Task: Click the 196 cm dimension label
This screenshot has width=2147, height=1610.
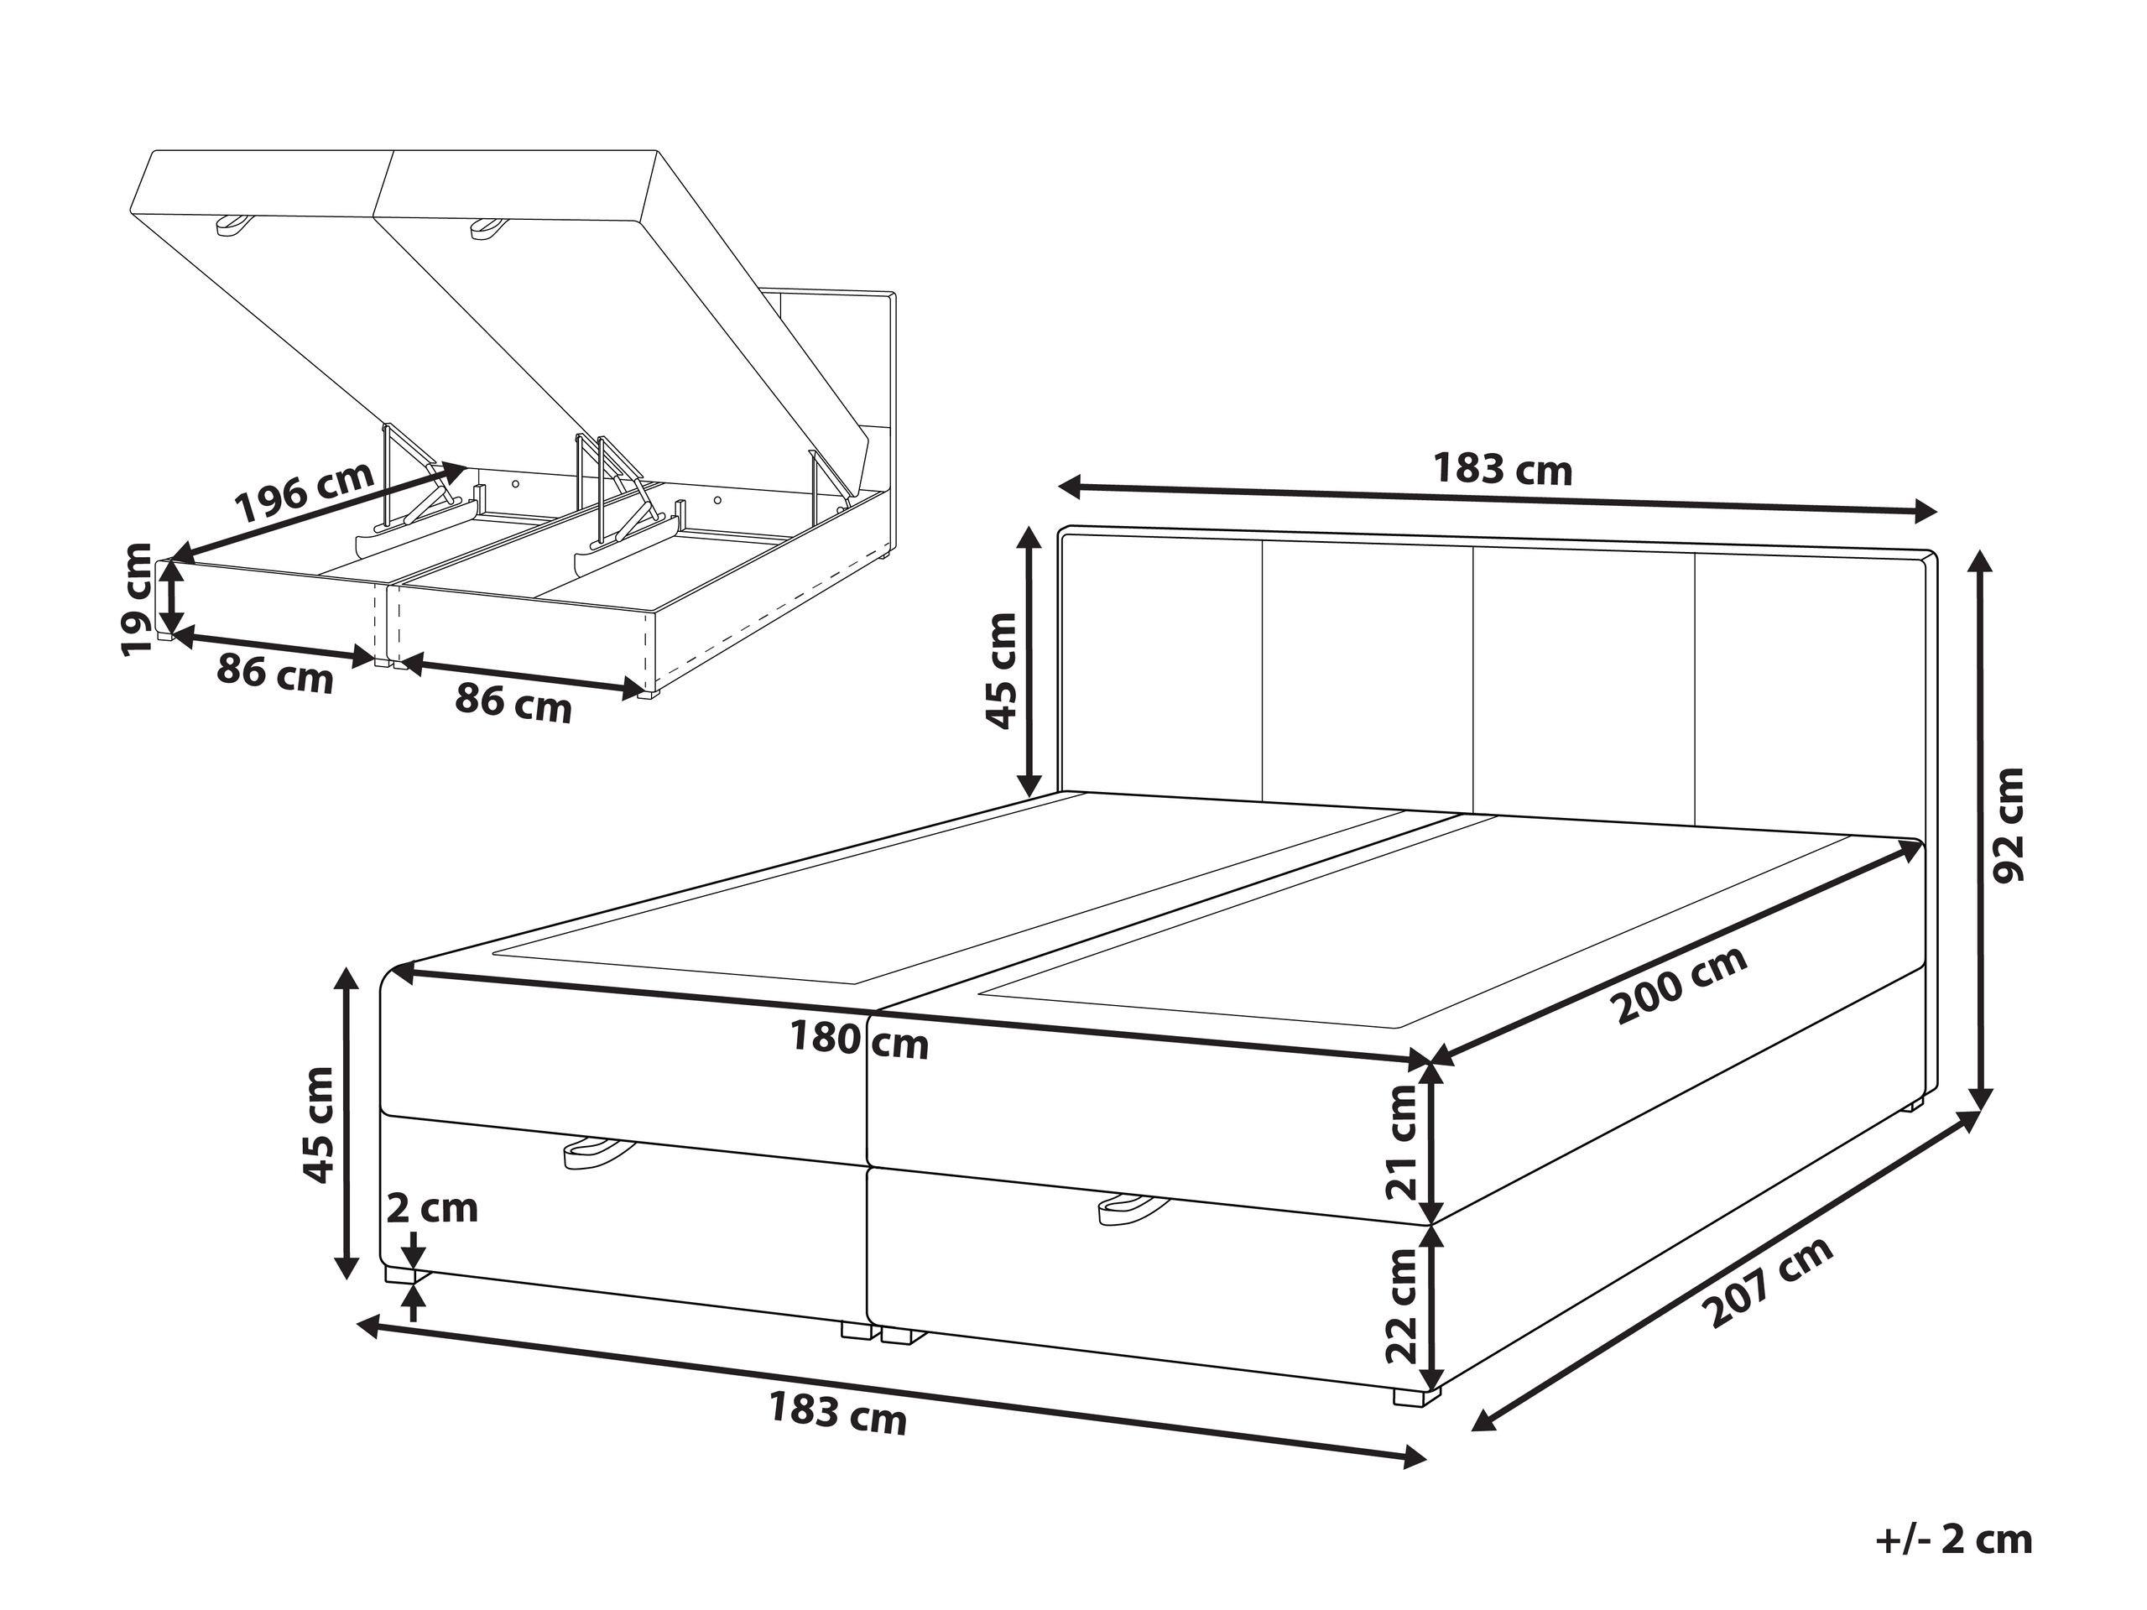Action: pos(305,492)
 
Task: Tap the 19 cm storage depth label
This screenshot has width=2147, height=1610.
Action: pos(138,599)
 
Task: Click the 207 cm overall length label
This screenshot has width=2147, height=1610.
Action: pos(1770,1283)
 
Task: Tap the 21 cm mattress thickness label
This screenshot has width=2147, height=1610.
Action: pos(1403,1141)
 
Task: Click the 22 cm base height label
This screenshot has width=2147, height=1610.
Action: pos(1403,1303)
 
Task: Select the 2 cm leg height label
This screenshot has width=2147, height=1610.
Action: pos(432,1208)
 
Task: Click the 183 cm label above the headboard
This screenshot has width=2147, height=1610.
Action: pos(1502,470)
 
